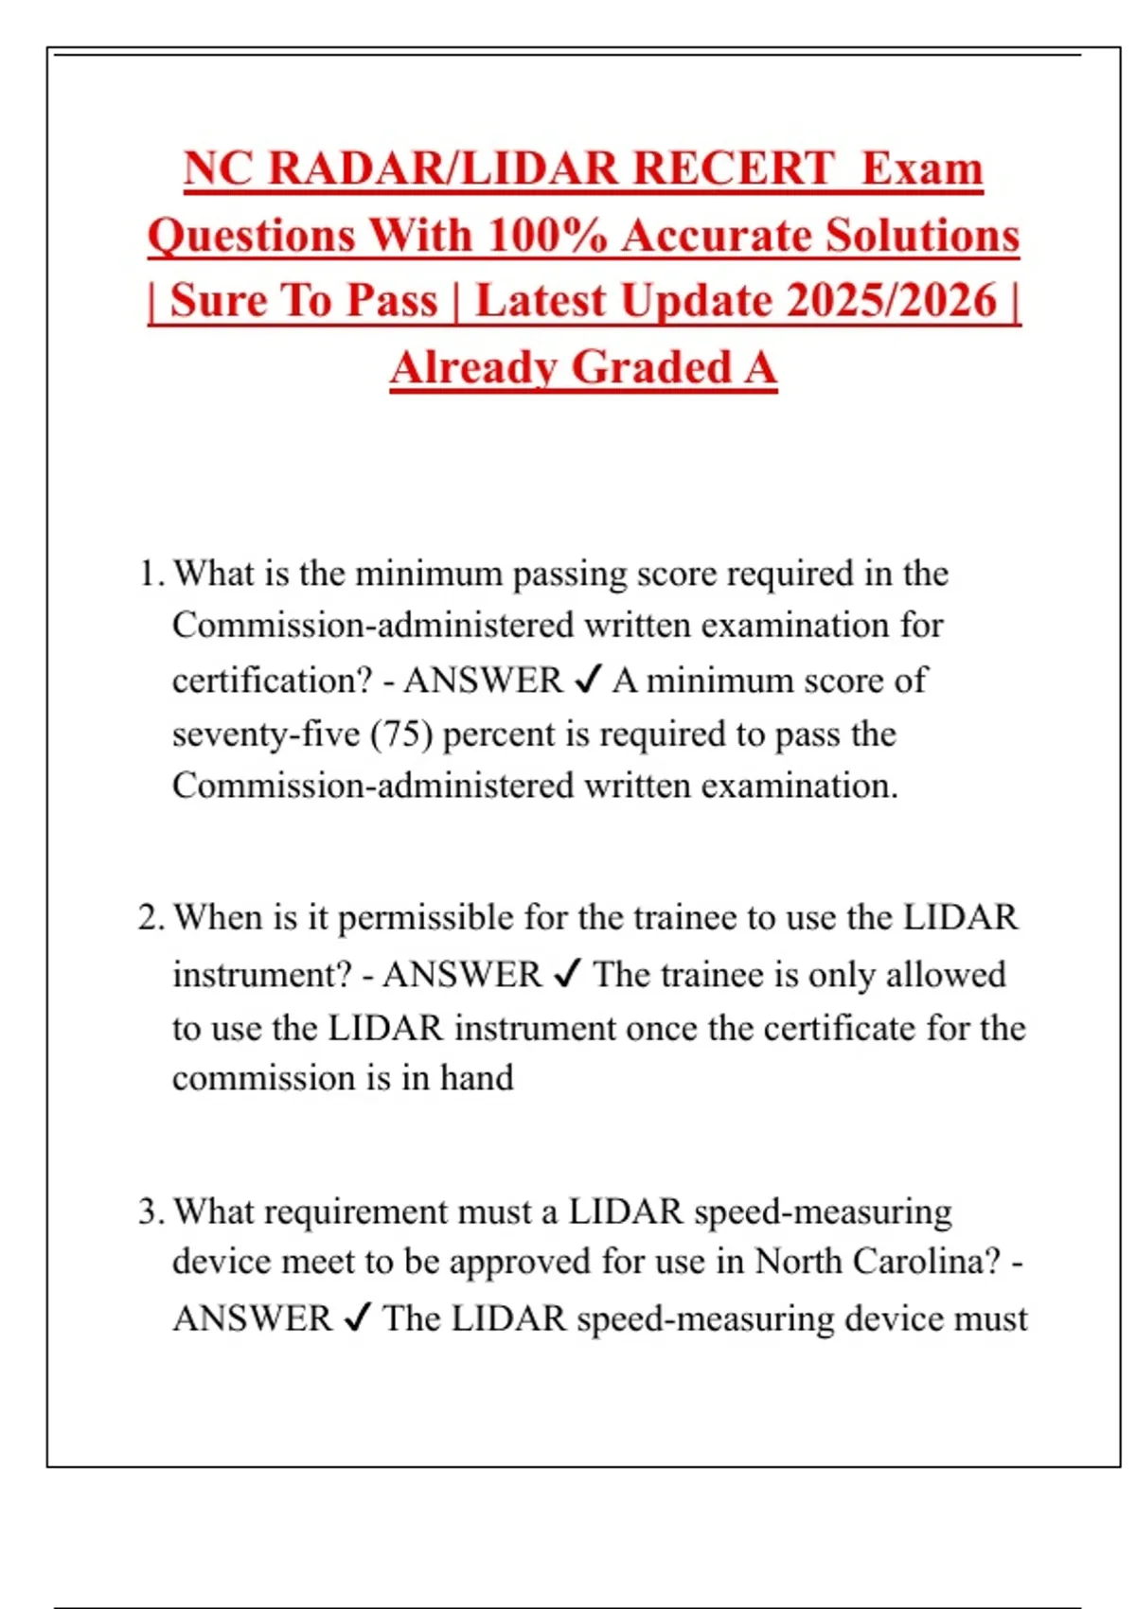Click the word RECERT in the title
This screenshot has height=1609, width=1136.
tap(733, 168)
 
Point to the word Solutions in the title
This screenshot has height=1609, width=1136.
tap(924, 235)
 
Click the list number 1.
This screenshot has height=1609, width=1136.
tap(149, 574)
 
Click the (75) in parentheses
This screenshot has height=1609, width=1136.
tap(401, 734)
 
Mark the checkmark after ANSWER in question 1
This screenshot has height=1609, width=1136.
tap(588, 680)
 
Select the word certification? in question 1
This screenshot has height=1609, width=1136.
tap(273, 681)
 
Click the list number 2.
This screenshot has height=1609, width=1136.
tap(150, 917)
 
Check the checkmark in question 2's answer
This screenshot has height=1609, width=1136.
tap(566, 974)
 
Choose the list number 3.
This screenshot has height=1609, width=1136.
tap(150, 1211)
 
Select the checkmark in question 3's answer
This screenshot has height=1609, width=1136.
tap(357, 1317)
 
